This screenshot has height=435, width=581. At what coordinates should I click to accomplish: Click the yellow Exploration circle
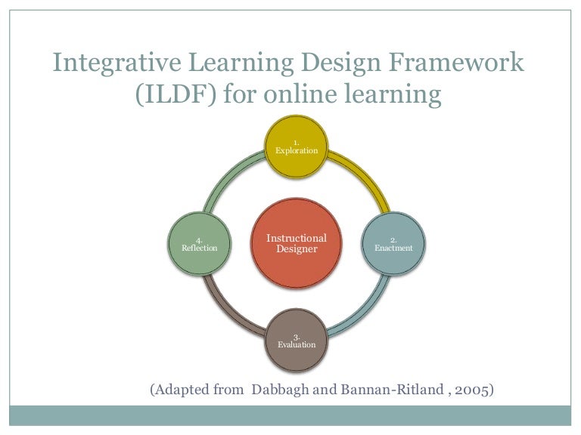click(297, 147)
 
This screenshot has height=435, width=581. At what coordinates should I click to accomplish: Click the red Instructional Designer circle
click(297, 243)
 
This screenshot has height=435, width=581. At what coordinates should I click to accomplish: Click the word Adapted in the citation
click(179, 389)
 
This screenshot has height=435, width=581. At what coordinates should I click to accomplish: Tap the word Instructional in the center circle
click(297, 238)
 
